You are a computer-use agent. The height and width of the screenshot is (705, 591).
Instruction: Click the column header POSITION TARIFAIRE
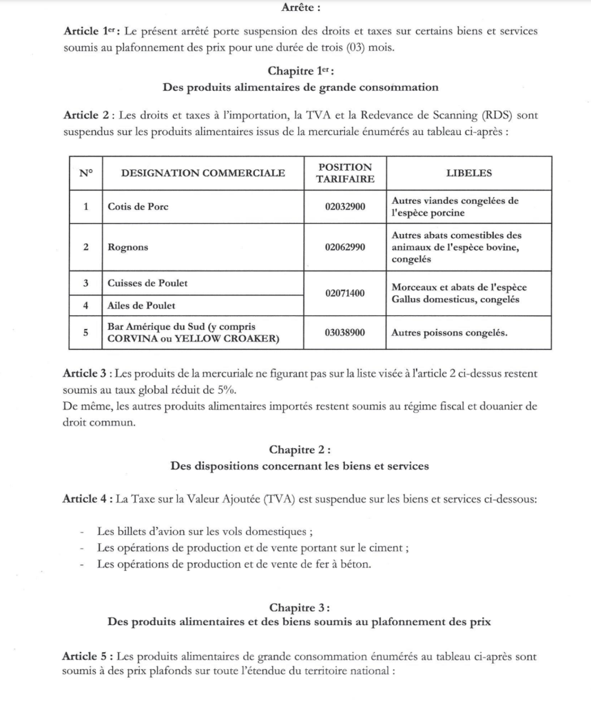point(345,173)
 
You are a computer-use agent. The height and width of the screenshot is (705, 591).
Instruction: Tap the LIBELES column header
point(468,173)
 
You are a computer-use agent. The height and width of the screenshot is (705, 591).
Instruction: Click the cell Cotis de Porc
point(138,207)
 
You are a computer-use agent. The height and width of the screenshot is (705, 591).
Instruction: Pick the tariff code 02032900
point(345,207)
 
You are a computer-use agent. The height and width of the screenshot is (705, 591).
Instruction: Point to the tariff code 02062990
point(345,246)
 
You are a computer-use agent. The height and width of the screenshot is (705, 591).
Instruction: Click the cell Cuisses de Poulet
point(147,283)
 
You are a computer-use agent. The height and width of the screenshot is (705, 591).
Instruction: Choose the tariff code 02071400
point(345,293)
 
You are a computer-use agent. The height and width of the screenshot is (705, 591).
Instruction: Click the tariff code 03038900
point(345,333)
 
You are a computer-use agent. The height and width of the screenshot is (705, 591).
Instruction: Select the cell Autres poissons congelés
point(449,333)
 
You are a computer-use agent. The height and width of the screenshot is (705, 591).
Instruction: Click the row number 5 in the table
point(85,333)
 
